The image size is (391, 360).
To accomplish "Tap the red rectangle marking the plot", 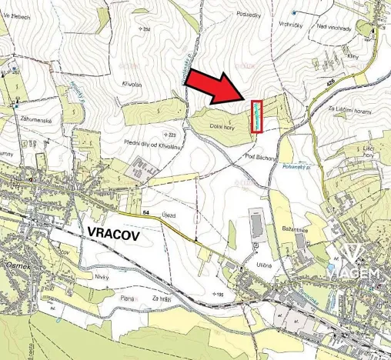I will point(256,117).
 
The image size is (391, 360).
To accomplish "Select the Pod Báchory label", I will point(259,156).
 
